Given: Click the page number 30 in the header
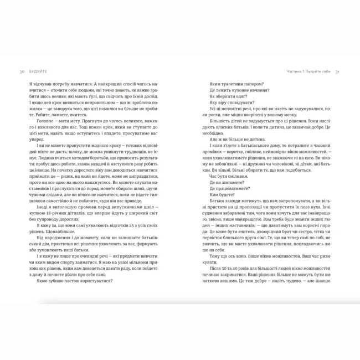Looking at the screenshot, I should pos(21,71).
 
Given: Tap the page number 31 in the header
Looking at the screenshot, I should pos(337,71).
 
